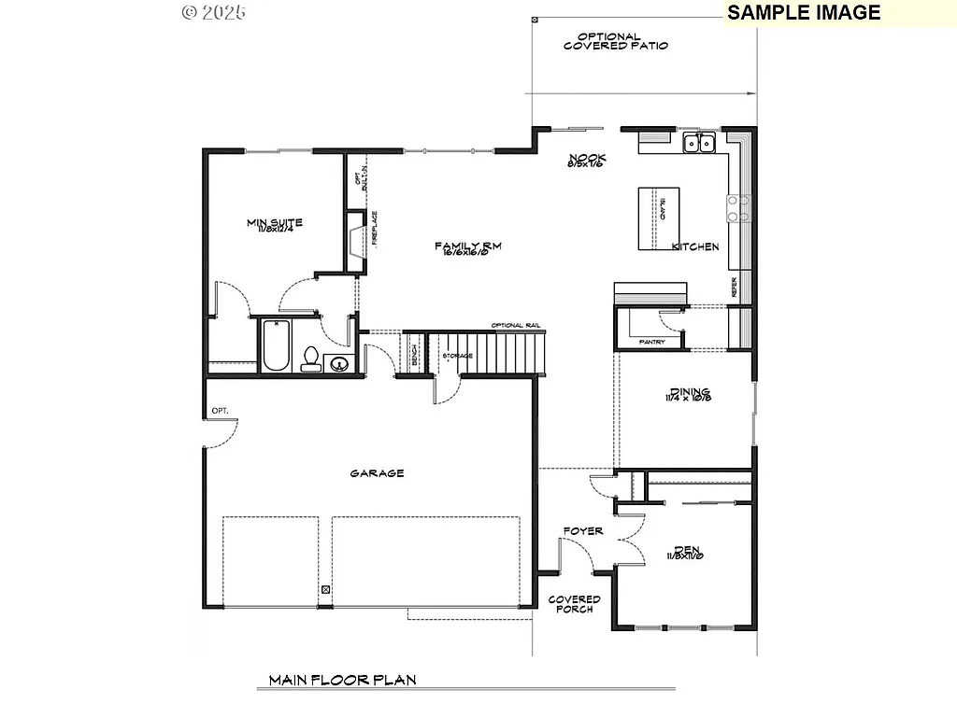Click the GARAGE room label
click(377, 473)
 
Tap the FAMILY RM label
click(468, 246)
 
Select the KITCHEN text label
click(695, 246)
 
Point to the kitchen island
click(657, 218)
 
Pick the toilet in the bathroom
click(310, 359)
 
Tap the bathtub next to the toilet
click(276, 345)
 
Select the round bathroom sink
click(338, 363)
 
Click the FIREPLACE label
click(373, 227)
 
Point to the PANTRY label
click(651, 343)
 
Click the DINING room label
click(688, 393)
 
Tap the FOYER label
click(582, 531)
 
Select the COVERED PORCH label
click(574, 604)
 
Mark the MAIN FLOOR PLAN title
click(342, 681)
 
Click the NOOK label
click(586, 159)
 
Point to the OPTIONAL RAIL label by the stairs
click(516, 325)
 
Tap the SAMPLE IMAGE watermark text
click(804, 12)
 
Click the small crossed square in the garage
click(325, 589)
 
